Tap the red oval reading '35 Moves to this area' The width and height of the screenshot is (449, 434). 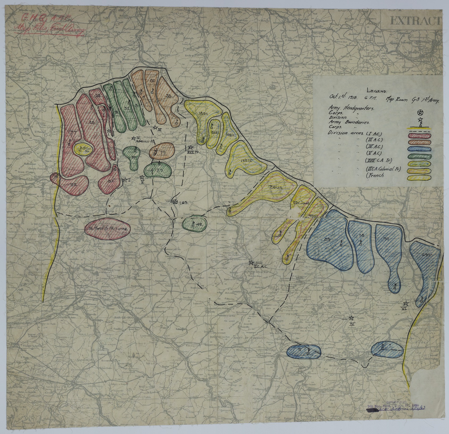click(x=107, y=228)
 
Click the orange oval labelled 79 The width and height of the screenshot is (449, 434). click(x=162, y=151)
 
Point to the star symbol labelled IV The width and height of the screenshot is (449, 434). click(x=351, y=318)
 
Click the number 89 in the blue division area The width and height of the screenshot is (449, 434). click(x=327, y=239)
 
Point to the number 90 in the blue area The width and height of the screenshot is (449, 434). click(x=386, y=239)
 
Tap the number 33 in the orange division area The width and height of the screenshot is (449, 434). click(x=168, y=96)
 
